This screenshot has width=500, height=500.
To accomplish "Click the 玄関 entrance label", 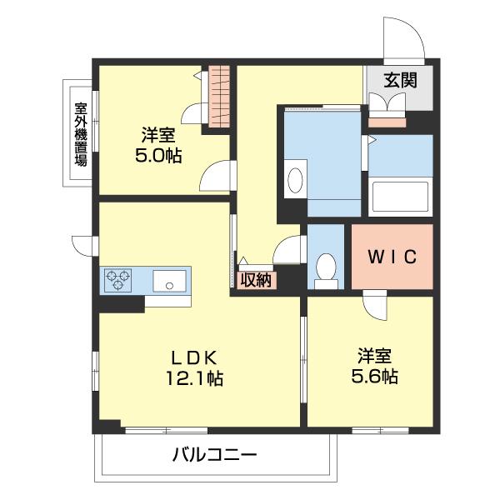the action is tap(400, 80).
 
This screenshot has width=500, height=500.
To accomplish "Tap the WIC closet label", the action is tap(392, 257).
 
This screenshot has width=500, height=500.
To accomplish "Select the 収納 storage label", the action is tap(256, 280).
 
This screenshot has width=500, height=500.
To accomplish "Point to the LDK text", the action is tap(194, 357).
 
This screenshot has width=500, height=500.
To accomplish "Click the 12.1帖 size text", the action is tap(194, 378).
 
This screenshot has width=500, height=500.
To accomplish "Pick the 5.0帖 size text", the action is tap(158, 156).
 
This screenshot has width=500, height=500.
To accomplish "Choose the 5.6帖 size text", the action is tap(374, 377).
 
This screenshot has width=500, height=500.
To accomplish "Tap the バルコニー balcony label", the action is tap(214, 455).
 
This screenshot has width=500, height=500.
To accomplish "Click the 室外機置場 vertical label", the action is tap(81, 134).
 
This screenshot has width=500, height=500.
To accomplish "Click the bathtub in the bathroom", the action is tap(400, 197).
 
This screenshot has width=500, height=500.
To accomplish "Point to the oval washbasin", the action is tap(295, 180).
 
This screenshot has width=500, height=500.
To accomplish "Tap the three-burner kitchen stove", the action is tap(118, 280).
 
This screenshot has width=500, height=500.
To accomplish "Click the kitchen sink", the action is tap(169, 281).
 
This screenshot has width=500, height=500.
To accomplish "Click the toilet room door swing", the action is tap(287, 250).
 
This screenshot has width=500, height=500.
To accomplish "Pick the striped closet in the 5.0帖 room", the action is tap(219, 96).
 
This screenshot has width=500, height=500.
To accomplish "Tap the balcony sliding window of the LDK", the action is tap(166, 431).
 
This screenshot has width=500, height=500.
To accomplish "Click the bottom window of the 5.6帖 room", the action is tap(381, 431).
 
